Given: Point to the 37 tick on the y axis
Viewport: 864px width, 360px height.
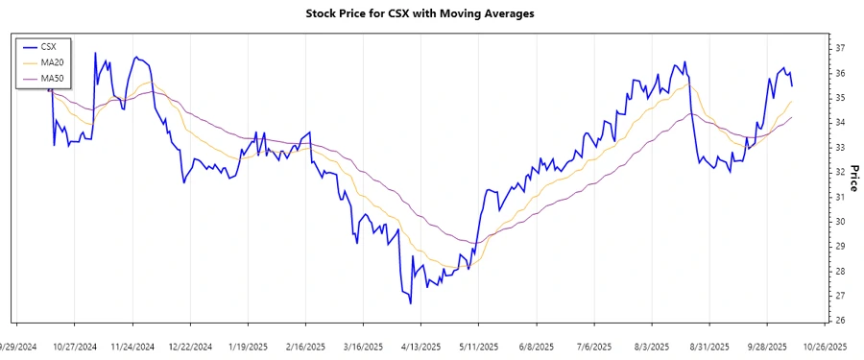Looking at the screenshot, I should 839,48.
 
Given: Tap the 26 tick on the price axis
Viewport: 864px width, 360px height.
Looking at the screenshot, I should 839,321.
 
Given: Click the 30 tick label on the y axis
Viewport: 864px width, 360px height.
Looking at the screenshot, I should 839,222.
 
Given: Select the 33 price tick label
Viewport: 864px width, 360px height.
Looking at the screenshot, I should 839,147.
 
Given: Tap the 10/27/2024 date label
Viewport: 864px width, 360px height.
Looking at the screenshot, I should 75,347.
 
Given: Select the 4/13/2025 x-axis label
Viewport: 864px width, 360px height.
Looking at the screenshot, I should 420,347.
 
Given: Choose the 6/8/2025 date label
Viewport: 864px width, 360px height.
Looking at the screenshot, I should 536,347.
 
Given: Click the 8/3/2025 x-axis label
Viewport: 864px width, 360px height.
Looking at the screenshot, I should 651,347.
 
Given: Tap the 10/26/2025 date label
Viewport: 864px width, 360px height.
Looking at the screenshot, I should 825,347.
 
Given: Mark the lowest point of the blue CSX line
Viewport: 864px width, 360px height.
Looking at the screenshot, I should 411,303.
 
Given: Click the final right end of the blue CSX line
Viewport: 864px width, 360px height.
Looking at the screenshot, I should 792,86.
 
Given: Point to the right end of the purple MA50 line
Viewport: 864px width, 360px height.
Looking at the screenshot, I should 792,117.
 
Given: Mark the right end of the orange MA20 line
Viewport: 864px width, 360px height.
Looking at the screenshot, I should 792,102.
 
